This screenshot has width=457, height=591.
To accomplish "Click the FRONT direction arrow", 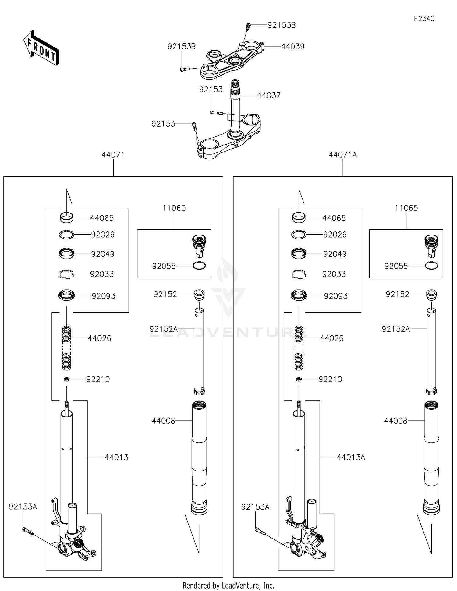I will coord(41,48).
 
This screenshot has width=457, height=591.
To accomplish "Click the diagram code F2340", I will coord(424,19).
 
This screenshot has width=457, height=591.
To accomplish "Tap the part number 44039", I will coord(292,47).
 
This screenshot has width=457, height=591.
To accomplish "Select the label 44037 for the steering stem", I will coord(269,95).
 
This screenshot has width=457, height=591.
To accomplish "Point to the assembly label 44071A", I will coord(343,155).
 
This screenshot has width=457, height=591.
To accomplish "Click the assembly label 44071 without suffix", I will coord(113,155).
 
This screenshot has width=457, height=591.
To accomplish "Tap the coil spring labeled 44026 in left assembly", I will coord(66,348).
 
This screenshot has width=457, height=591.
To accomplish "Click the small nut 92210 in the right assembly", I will coord(299,379).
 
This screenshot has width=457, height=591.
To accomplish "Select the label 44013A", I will coord(351,457).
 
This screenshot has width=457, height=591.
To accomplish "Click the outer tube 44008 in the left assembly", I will coord(199,457).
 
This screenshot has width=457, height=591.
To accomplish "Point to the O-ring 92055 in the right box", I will coord(431,266).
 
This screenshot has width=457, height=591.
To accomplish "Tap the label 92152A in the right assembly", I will coord(395,329).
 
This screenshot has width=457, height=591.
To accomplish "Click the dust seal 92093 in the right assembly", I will coord(299,295).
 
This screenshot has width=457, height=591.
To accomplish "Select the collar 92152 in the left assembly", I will coord(199,294).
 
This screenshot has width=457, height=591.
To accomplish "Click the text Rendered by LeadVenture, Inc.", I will coord(228,586).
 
